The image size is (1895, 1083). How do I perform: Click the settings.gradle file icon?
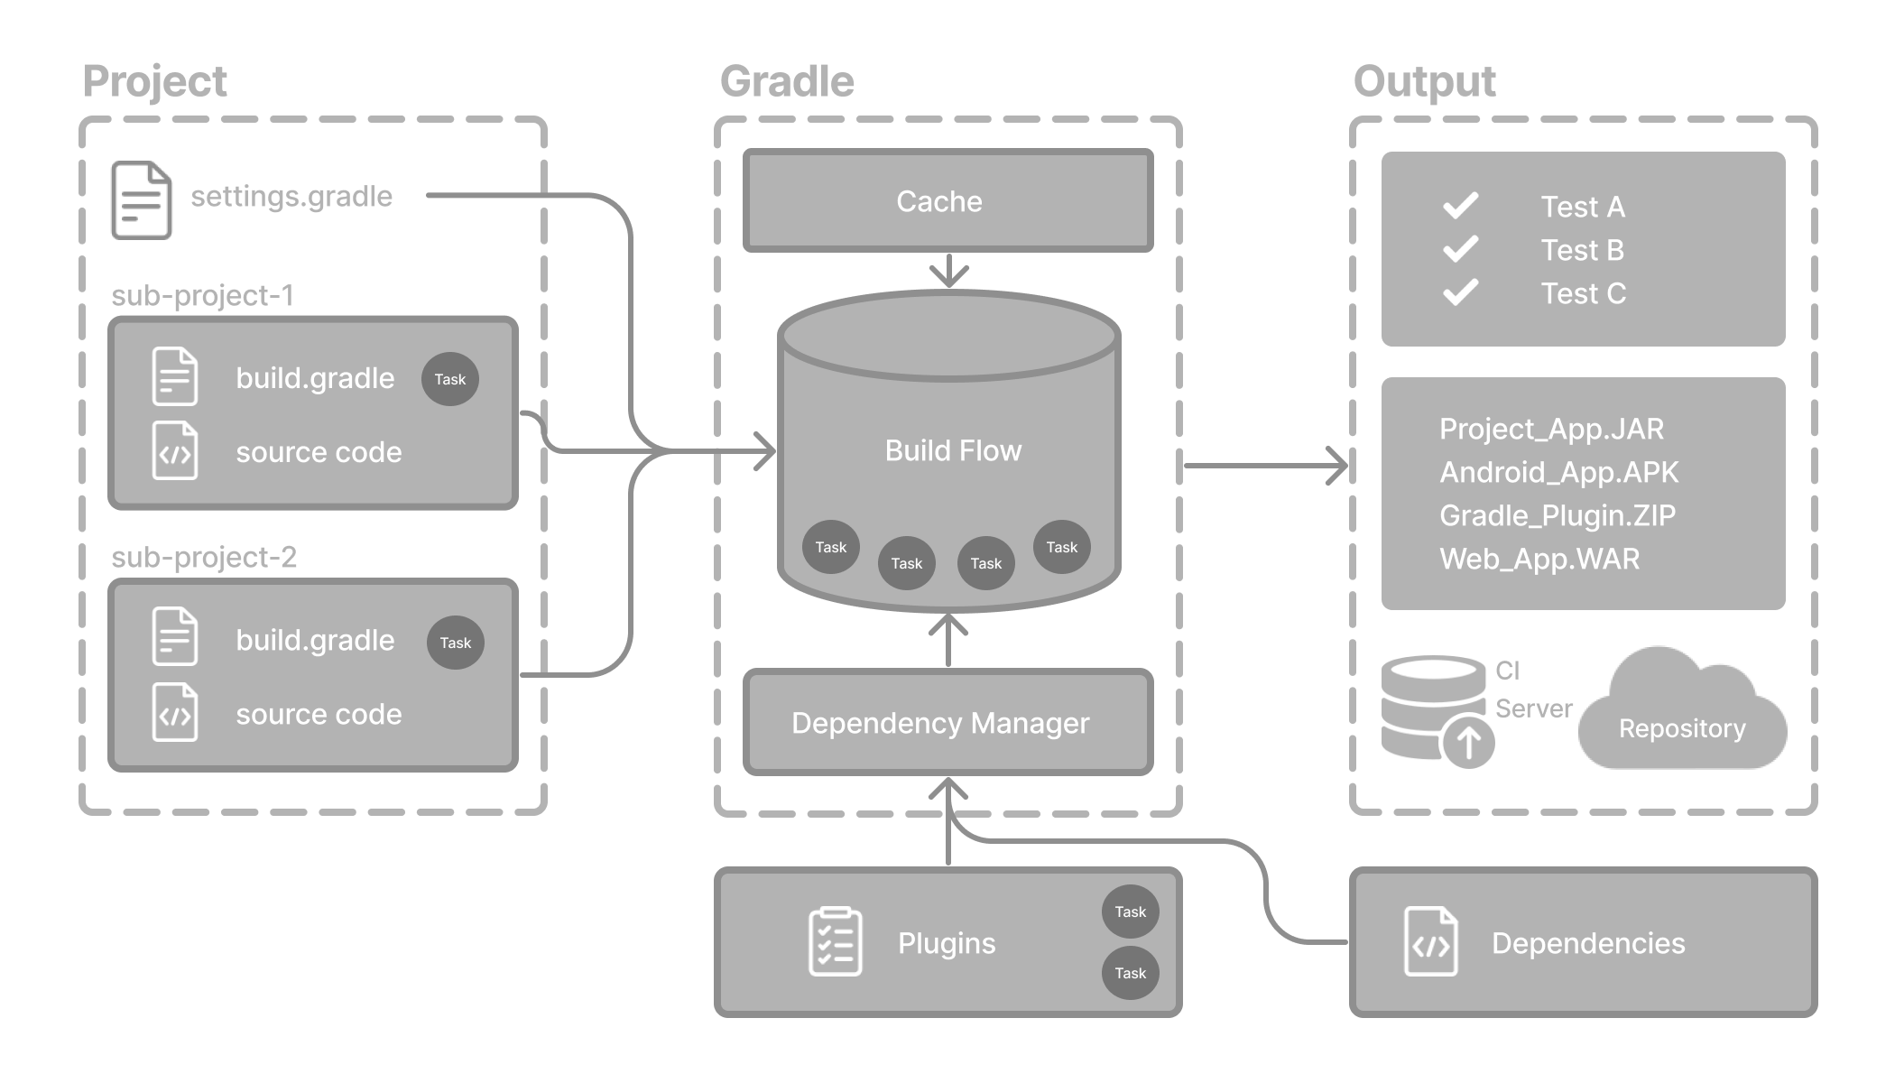click(141, 199)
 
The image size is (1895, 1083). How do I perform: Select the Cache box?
click(947, 200)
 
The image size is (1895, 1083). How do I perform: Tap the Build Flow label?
click(953, 450)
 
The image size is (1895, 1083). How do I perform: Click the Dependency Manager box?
click(947, 722)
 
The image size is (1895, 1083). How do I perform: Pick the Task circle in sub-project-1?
click(449, 379)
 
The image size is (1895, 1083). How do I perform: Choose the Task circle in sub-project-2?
click(455, 643)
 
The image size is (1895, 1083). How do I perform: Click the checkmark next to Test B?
click(1460, 249)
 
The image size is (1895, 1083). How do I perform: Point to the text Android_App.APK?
click(1558, 472)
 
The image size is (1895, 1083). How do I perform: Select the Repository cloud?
click(1682, 717)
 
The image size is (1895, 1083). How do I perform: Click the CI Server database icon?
click(1433, 708)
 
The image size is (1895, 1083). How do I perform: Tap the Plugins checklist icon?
click(835, 941)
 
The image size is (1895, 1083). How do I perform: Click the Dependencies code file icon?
click(1430, 941)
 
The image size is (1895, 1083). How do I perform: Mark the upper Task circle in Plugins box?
click(1130, 912)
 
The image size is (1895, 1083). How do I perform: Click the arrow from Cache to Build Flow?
click(948, 271)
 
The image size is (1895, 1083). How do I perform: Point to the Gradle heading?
click(786, 81)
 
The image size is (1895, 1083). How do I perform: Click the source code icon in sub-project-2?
click(175, 713)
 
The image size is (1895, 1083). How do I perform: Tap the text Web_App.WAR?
click(1539, 559)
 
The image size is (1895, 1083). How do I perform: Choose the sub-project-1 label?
click(202, 295)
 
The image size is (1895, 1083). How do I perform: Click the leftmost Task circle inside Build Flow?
click(830, 547)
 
